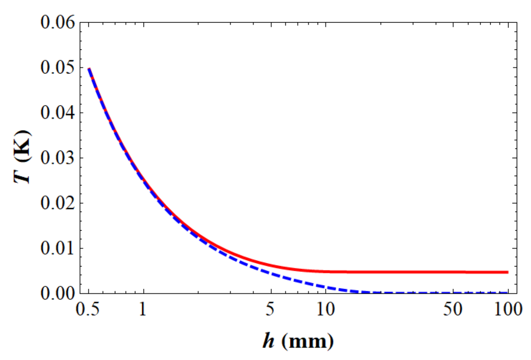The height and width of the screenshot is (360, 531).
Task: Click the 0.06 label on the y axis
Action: coord(57,23)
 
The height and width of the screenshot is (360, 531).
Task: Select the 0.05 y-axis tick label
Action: coord(57,68)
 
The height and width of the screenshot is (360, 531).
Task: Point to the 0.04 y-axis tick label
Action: coord(57,113)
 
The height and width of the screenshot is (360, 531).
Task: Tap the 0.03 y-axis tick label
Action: coord(57,158)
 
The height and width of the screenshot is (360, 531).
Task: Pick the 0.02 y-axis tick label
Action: coord(57,203)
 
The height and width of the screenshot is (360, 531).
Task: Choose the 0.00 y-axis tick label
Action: coord(57,293)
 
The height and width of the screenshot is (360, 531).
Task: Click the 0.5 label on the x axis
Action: coord(88,309)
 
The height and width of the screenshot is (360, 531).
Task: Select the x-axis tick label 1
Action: coord(143,309)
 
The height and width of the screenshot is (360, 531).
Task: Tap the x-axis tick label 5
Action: coord(270,309)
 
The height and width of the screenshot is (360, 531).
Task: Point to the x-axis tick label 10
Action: coord(325,309)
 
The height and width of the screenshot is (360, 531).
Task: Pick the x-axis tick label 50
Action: coord(453,309)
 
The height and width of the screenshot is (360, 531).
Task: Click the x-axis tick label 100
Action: coord(508,309)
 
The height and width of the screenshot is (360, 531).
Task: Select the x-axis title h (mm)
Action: coord(298,341)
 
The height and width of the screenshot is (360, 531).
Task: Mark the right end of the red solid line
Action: coord(507,272)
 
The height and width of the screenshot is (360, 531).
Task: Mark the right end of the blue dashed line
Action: coord(507,292)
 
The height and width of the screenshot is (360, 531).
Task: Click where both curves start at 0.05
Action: coord(89,68)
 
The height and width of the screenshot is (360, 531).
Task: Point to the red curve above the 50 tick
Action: coord(453,272)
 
